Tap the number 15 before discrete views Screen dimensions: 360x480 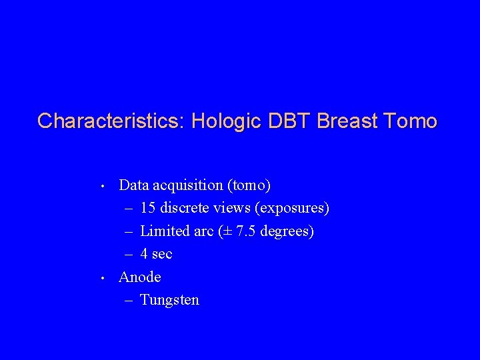[x=148, y=208]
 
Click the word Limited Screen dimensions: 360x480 [x=165, y=231]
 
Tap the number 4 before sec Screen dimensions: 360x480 [x=144, y=254]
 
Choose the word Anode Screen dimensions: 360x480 [x=139, y=277]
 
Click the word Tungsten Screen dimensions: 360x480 [x=170, y=300]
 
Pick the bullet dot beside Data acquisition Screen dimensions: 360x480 [x=103, y=185]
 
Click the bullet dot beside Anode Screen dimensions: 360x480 [x=103, y=277]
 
